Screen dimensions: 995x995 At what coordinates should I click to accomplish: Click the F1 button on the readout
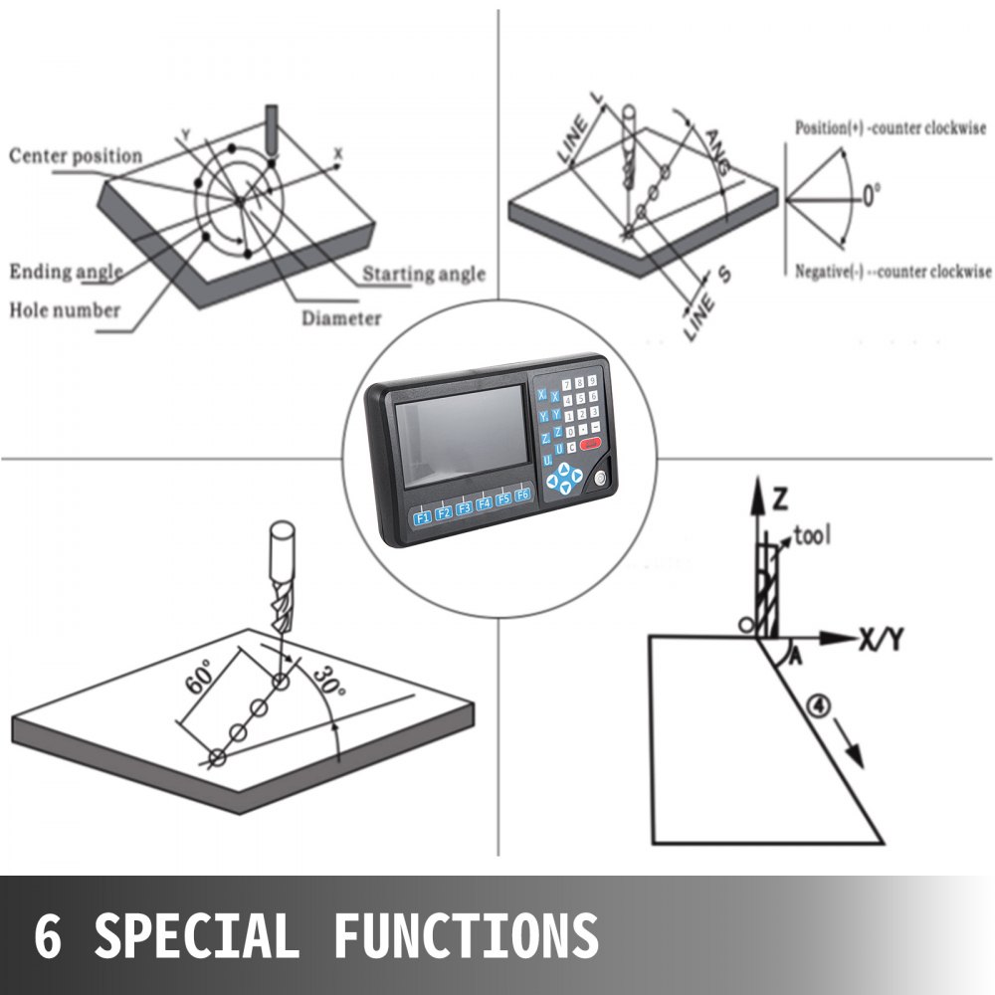[422, 515]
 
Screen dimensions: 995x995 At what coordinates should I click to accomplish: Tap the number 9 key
[594, 382]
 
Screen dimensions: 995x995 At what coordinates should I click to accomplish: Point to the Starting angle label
[424, 274]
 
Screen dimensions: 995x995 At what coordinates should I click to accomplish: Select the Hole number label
[65, 309]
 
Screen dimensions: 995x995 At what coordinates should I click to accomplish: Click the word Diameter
[341, 318]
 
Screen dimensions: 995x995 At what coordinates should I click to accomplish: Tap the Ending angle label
[67, 272]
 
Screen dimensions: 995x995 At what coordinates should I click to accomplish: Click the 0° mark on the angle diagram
[871, 196]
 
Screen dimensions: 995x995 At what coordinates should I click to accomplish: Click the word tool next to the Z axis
[813, 537]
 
